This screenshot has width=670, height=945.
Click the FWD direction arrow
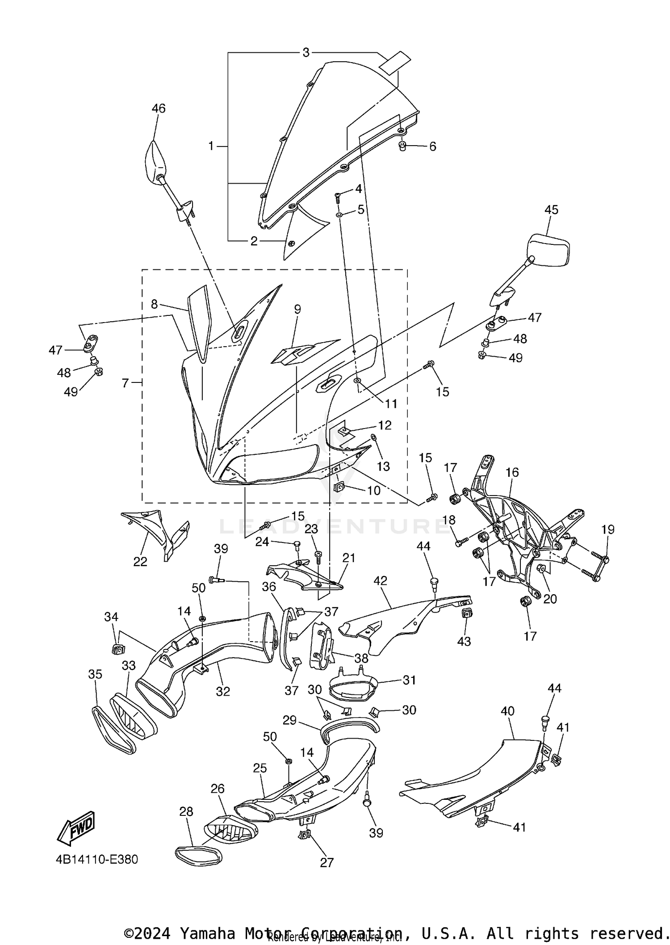click(x=76, y=827)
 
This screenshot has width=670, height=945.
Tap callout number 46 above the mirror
click(x=159, y=108)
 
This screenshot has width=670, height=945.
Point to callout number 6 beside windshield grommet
click(x=432, y=147)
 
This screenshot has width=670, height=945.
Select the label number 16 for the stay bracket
click(x=512, y=472)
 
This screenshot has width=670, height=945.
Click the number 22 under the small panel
click(x=140, y=562)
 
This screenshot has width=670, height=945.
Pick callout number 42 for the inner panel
click(x=380, y=581)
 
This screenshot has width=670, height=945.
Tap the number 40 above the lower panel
click(x=508, y=711)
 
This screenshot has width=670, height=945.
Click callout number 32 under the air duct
click(x=223, y=691)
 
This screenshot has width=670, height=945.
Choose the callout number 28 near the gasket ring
click(x=186, y=811)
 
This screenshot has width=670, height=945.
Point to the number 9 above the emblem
click(x=297, y=309)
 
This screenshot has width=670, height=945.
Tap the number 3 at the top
click(x=306, y=53)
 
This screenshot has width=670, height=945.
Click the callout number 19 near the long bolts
click(x=608, y=529)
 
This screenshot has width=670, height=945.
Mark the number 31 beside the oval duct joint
click(x=409, y=680)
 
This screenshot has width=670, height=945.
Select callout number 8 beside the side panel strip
click(x=154, y=304)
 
